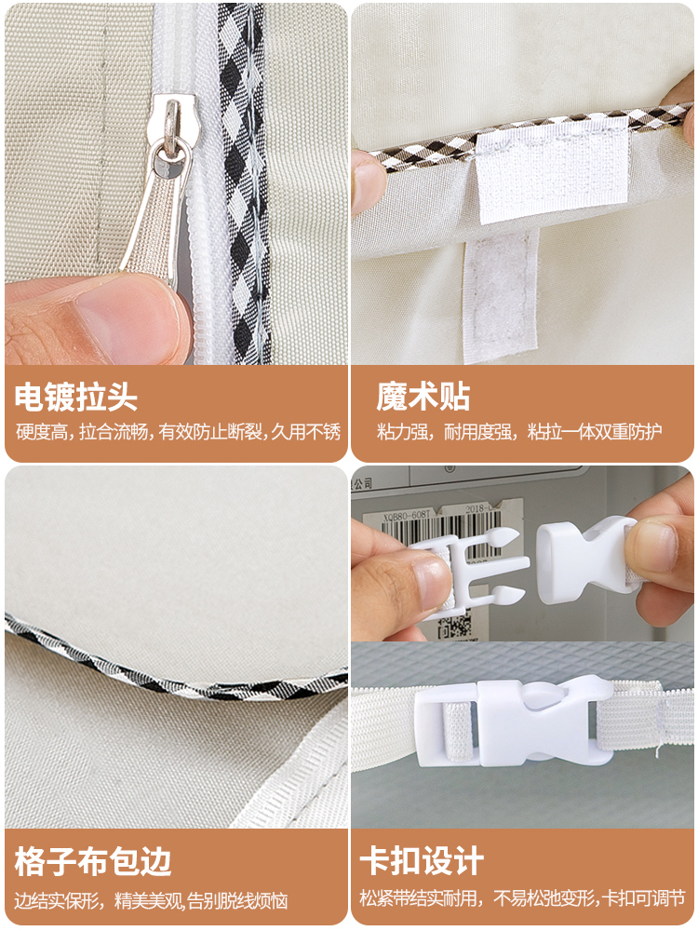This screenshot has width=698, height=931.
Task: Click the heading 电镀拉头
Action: pyautogui.click(x=76, y=398)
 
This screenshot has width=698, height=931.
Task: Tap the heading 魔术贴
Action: pyautogui.click(x=423, y=398)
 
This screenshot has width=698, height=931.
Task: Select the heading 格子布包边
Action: pyautogui.click(x=93, y=861)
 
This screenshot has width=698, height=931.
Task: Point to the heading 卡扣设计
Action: pyautogui.click(x=423, y=861)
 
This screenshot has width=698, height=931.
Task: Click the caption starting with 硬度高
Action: pyautogui.click(x=178, y=432)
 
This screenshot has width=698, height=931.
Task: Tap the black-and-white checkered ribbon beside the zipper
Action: pyautogui.click(x=244, y=186)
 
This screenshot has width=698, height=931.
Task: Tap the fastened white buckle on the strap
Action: pyautogui.click(x=512, y=722)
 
